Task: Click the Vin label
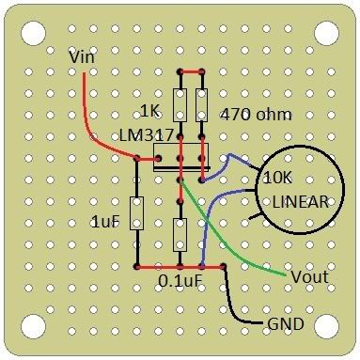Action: click(83, 58)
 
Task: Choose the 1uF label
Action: click(106, 221)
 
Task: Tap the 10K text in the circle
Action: click(279, 178)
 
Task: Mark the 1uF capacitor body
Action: click(137, 213)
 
